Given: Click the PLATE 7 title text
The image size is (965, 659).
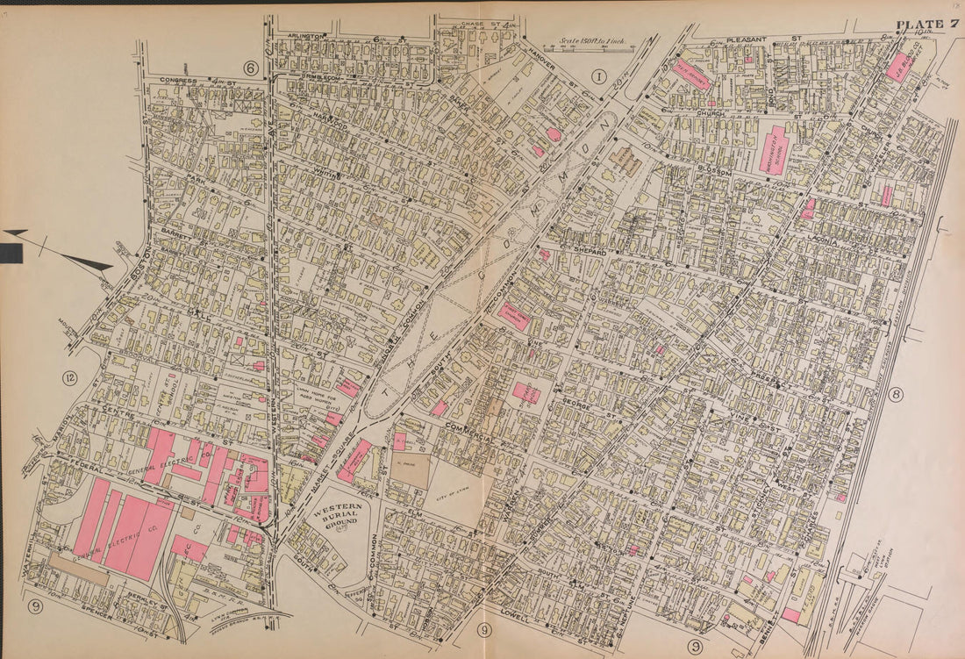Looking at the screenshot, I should point(926,24).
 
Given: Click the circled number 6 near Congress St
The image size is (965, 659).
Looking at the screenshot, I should point(250,67).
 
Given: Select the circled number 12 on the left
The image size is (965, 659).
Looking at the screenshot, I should point(69,378).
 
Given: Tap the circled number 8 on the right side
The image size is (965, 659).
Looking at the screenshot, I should point(895,395).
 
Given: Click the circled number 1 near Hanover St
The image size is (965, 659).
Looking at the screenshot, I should point(599,75).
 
